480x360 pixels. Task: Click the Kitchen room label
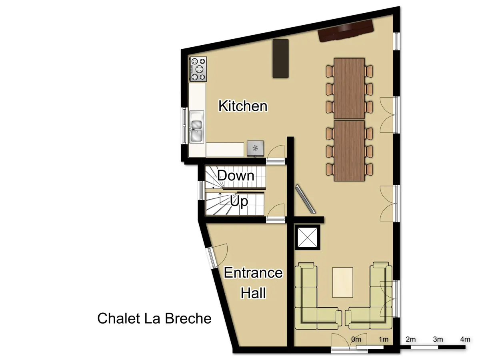pyautogui.click(x=243, y=106)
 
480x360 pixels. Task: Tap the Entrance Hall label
pyautogui.click(x=253, y=283)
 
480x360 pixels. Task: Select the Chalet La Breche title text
pyautogui.click(x=154, y=318)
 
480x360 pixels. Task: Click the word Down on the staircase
pyautogui.click(x=236, y=176)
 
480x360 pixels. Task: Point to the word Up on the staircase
pyautogui.click(x=239, y=201)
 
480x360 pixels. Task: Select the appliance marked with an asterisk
pyautogui.click(x=255, y=148)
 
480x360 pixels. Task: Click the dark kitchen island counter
pyautogui.click(x=280, y=58)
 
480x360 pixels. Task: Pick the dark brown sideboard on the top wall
pyautogui.click(x=346, y=31)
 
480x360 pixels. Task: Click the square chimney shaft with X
pyautogui.click(x=308, y=238)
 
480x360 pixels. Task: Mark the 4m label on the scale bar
pyautogui.click(x=465, y=339)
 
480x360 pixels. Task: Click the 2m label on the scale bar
pyautogui.click(x=411, y=339)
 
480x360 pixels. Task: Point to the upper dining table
pyautogui.click(x=349, y=88)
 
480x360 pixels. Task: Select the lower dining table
pyautogui.click(x=349, y=150)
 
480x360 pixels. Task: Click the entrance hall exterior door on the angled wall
pyautogui.click(x=216, y=256)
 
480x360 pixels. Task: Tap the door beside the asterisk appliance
pyautogui.click(x=276, y=154)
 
